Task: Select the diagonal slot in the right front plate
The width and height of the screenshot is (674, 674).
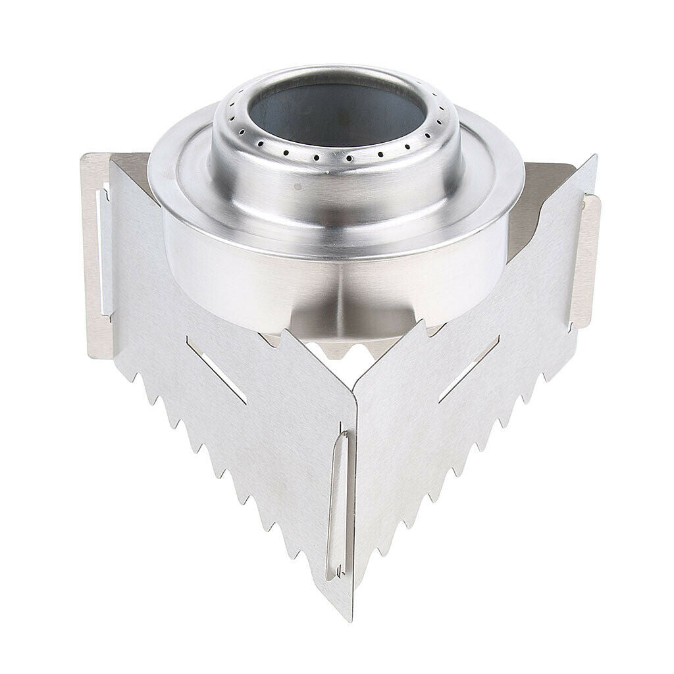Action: tap(469, 369)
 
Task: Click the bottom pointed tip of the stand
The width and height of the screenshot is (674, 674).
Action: tap(347, 615)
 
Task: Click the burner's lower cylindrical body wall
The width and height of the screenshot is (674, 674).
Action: tap(263, 283)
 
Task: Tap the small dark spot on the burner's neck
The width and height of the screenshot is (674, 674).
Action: tap(298, 186)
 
